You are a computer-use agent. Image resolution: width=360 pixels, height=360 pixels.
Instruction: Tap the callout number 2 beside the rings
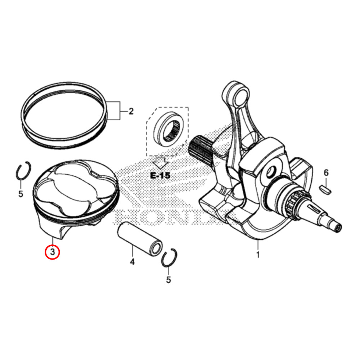point(131,111)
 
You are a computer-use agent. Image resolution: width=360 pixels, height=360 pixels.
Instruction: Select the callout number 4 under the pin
point(132,262)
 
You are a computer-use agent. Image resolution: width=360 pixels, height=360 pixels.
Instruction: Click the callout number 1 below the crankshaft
point(258,255)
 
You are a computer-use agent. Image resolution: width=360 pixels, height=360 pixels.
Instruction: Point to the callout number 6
point(326,173)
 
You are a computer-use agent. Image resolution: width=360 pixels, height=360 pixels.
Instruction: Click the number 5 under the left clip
point(21,194)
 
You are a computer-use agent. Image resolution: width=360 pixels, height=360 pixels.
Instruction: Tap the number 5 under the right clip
point(168,280)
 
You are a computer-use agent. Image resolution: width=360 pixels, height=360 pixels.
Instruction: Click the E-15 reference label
point(160,176)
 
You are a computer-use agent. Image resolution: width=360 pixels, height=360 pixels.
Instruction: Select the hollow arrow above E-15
point(160,162)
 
